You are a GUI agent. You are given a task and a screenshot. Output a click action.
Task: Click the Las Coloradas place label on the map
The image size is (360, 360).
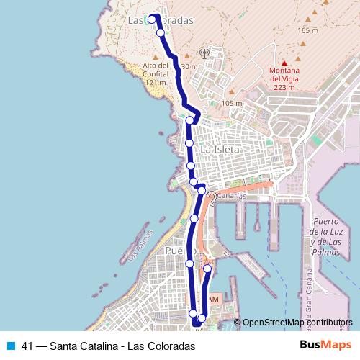pos(160,20)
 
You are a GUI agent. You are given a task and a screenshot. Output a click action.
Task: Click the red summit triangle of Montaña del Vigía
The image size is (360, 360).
pos(284,62)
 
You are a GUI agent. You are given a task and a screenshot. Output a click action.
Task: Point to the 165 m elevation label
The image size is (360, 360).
pos(307,30)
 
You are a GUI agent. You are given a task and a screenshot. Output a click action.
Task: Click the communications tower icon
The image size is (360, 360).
pos(204,53)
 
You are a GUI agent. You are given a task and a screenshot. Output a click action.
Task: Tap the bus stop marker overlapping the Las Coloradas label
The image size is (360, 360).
pos(152,19)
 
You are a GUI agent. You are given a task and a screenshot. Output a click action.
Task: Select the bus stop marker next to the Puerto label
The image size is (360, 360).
pos(189,264)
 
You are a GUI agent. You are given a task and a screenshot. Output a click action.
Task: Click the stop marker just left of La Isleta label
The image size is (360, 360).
pos(189,143)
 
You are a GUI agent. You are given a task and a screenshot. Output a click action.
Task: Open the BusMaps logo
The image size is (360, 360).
pos(326,346)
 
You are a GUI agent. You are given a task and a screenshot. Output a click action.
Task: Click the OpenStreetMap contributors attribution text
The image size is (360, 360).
pos(297,323)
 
